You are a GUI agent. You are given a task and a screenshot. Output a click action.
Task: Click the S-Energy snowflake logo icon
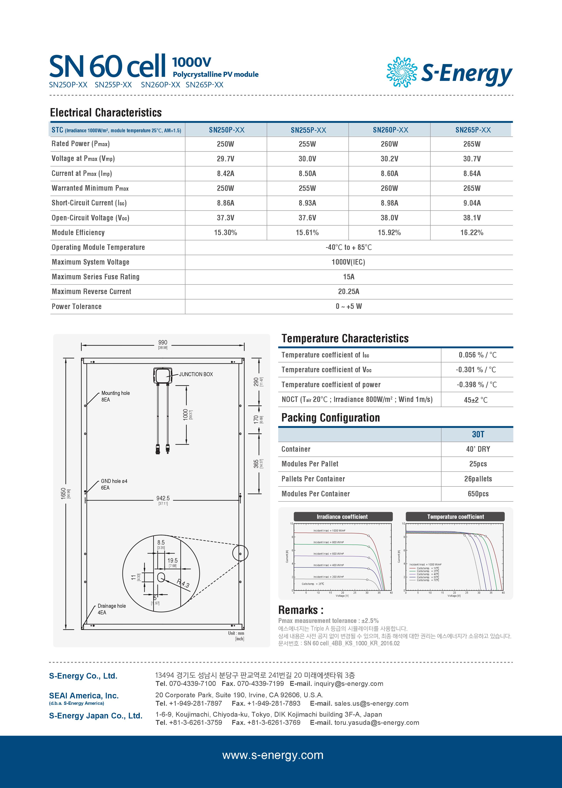(402, 72)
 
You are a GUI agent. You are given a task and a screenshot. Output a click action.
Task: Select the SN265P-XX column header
(473, 130)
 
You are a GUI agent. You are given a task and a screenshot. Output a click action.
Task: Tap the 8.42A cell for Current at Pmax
(226, 174)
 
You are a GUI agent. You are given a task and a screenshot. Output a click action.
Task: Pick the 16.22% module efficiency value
(472, 233)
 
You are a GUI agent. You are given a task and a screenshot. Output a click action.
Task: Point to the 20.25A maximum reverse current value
(348, 292)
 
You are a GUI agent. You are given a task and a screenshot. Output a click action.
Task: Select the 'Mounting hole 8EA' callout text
(115, 396)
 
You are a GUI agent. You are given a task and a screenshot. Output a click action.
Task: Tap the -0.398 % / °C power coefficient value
(477, 385)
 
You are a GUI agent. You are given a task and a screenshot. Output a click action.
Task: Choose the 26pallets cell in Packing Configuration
(478, 479)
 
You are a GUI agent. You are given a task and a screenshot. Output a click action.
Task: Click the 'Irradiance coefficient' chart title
(342, 517)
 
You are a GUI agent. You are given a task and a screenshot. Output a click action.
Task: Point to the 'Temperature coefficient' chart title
(455, 517)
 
